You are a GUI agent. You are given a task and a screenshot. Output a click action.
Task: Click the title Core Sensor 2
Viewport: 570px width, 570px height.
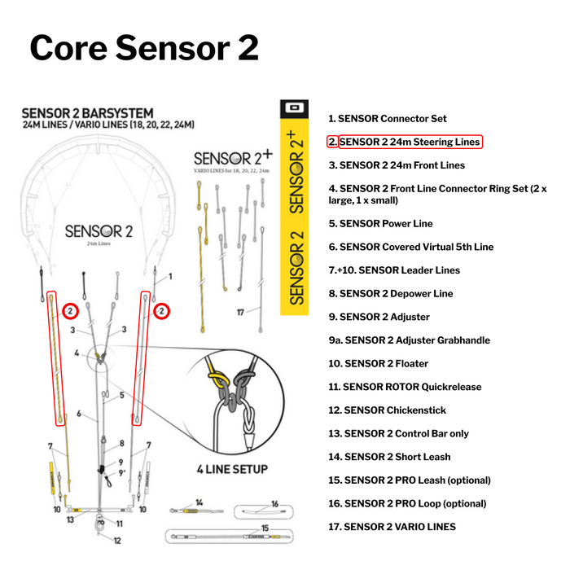[144, 48]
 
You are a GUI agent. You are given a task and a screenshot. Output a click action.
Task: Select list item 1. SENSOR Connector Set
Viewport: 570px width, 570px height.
[387, 119]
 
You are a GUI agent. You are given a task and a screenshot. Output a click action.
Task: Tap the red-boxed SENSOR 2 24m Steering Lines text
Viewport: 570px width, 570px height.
[410, 142]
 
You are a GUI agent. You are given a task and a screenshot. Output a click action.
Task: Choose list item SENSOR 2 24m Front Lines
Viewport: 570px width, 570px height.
[396, 165]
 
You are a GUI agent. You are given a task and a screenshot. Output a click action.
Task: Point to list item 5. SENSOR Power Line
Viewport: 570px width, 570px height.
[380, 224]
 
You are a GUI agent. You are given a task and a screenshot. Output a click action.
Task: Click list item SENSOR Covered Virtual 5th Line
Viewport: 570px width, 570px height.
[410, 247]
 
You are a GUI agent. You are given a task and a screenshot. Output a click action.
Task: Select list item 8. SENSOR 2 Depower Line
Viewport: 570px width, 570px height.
[391, 294]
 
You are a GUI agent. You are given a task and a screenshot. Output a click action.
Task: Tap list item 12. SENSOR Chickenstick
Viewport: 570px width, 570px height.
[387, 410]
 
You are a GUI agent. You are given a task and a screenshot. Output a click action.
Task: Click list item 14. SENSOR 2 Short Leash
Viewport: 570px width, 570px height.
[389, 457]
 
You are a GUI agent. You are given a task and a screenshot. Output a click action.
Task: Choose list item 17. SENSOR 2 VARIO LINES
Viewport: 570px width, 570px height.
[392, 527]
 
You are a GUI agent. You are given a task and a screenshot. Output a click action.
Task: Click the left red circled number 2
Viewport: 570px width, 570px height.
[71, 311]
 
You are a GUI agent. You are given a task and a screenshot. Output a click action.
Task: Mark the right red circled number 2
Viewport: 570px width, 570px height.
[162, 311]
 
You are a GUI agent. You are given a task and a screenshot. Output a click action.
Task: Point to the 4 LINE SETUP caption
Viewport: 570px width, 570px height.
[231, 470]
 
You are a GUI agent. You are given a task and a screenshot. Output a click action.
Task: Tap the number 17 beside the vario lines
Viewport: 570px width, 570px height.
[240, 312]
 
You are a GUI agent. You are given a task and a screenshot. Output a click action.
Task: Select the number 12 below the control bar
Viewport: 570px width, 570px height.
[116, 540]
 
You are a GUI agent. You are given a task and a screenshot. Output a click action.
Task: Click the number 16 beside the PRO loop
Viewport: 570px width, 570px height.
[274, 504]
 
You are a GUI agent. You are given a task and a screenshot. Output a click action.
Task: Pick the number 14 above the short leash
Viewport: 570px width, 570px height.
[198, 502]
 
